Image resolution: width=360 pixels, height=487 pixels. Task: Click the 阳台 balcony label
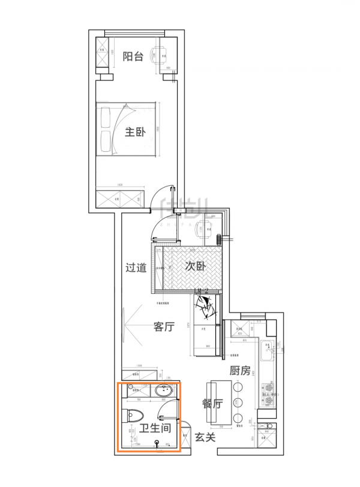click(133, 57)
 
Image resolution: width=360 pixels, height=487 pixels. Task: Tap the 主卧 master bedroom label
click(134, 133)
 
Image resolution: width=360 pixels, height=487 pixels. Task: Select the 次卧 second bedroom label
click(195, 266)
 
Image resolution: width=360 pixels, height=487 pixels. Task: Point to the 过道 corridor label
click(136, 267)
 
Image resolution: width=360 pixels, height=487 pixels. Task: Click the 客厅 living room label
click(164, 327)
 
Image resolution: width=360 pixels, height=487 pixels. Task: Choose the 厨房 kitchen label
click(239, 371)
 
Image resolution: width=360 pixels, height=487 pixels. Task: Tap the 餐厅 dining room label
click(212, 404)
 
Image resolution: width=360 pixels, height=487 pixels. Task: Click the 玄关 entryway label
click(205, 437)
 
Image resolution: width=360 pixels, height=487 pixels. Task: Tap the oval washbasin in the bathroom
click(165, 392)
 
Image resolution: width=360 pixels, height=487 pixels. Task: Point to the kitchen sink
click(268, 348)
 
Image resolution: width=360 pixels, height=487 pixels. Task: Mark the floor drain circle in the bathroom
click(157, 443)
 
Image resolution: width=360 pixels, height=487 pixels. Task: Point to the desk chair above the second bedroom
click(207, 229)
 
